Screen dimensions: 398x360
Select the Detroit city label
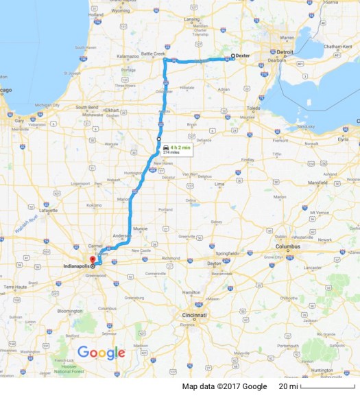(285, 52)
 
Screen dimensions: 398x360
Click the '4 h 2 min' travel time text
(181, 147)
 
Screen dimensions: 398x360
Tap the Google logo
(101, 353)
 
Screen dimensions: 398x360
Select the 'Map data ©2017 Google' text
(224, 387)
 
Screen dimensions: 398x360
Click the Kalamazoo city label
(128, 57)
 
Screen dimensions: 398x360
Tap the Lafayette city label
(49, 211)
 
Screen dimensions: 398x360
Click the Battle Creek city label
(153, 53)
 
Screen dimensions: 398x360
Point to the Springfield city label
(226, 253)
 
